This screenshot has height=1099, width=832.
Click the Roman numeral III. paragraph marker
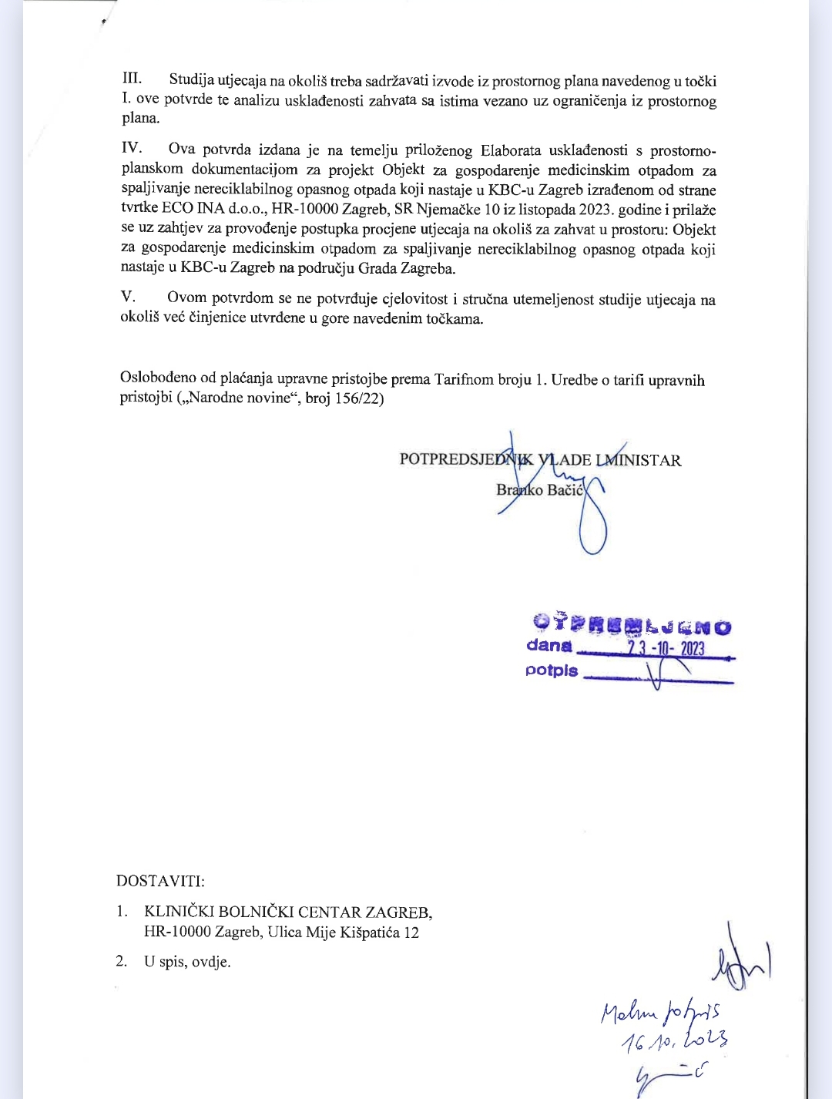(132, 79)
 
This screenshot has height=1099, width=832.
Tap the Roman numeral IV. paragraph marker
(132, 148)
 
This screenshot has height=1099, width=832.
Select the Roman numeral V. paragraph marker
(128, 297)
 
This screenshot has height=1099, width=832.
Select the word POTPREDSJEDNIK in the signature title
(465, 460)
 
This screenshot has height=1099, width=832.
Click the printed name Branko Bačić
(540, 489)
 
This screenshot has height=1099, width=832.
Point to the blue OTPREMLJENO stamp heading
(632, 623)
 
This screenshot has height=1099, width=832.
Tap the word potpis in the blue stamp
(552, 670)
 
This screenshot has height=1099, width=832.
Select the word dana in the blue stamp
(549, 646)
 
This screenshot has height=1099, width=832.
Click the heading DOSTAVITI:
(160, 881)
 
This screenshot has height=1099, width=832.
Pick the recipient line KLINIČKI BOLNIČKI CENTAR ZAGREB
(288, 912)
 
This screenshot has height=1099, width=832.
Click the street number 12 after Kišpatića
(411, 933)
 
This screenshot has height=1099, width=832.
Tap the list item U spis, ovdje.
(187, 962)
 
